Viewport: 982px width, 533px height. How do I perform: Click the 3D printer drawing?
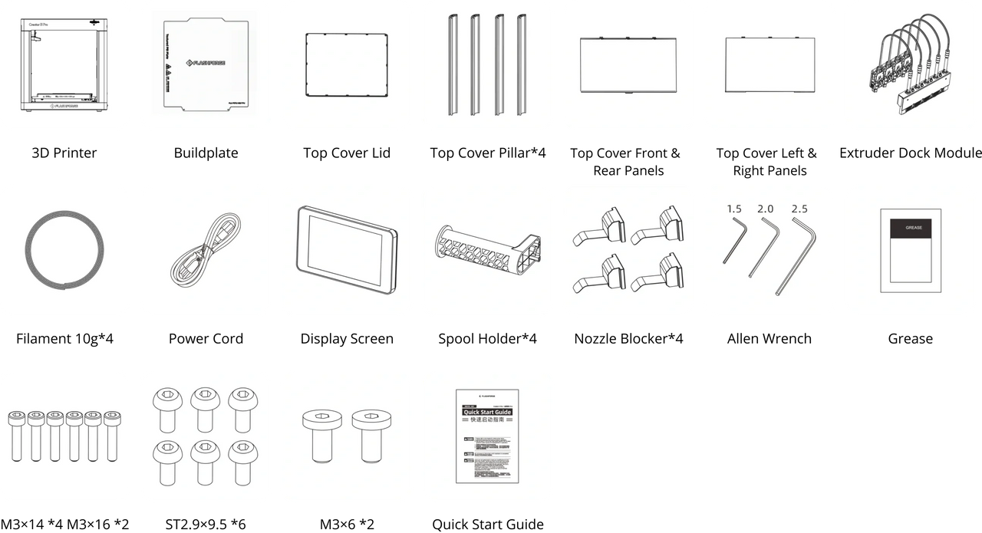pyautogui.click(x=65, y=64)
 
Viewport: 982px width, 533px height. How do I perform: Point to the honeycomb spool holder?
pyautogui.click(x=486, y=249)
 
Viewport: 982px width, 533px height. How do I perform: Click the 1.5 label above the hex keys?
pyautogui.click(x=734, y=209)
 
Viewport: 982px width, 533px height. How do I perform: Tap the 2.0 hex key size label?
pyautogui.click(x=766, y=209)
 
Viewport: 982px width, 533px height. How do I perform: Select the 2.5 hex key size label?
pyautogui.click(x=799, y=209)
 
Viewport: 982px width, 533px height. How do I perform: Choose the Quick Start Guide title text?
pyautogui.click(x=486, y=413)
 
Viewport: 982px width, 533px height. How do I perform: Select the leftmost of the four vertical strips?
pyautogui.click(x=452, y=64)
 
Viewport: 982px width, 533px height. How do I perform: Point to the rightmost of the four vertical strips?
pyautogui.click(x=522, y=64)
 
